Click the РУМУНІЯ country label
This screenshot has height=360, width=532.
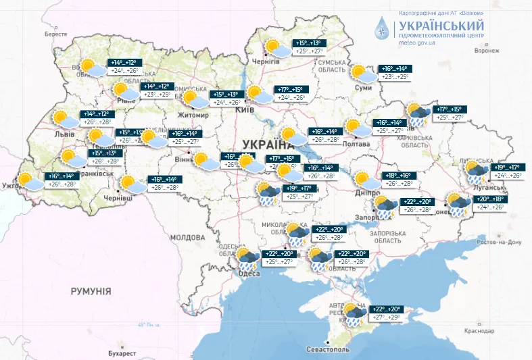pos(91,290)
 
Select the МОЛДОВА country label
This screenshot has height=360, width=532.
pos(187,238)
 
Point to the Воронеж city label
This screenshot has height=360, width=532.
pos(487,50)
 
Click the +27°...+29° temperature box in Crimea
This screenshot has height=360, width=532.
pos(385,316)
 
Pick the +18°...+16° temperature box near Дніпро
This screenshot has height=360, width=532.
pos(399,175)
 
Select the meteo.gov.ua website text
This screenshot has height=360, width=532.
pos(417,43)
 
